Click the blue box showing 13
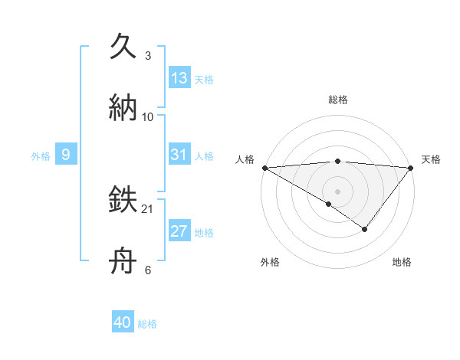[x=179, y=78]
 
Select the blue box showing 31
[x=179, y=155]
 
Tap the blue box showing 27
[x=179, y=231]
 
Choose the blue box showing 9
[x=66, y=155]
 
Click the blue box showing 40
[x=123, y=323]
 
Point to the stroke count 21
[x=149, y=208]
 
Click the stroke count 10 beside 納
[x=148, y=116]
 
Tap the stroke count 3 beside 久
[x=148, y=56]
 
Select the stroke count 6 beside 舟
[x=148, y=270]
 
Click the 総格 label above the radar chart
[x=338, y=100]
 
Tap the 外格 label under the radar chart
[x=270, y=262]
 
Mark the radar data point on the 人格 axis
[x=264, y=168]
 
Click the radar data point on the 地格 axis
[x=365, y=229]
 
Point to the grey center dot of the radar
[x=337, y=191]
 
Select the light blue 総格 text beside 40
[x=147, y=324]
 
